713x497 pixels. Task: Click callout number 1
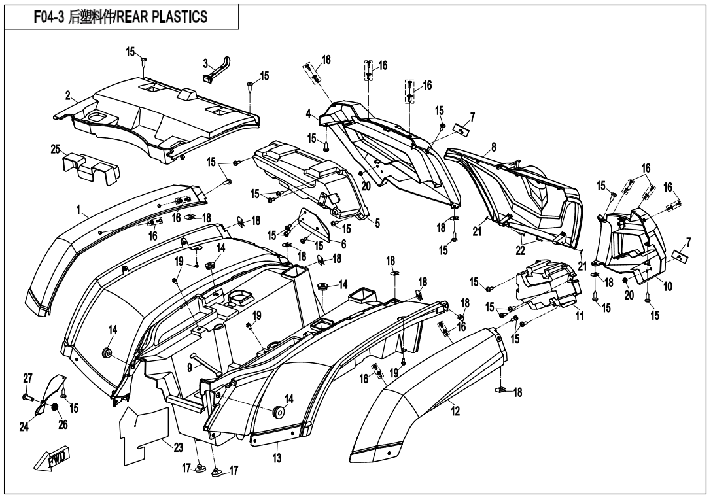[x=78, y=211]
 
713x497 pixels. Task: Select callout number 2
[x=68, y=95]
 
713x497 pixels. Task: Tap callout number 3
[x=205, y=63]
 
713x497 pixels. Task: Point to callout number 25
[x=56, y=149]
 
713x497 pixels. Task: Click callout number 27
[x=27, y=378]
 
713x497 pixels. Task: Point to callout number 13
[x=277, y=458]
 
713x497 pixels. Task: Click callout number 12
[x=455, y=411]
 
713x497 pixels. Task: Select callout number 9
[x=190, y=368]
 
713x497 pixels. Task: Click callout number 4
[x=308, y=113]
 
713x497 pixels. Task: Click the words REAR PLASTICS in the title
[x=163, y=16]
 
